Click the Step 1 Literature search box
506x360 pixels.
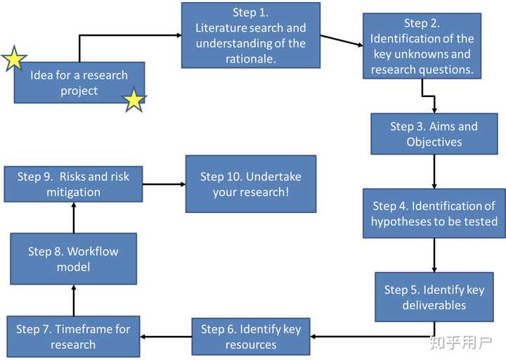coord(251,35)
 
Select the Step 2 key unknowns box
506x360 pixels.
coord(422,46)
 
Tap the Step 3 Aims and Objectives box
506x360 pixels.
coord(434,134)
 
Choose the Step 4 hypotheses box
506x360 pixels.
coord(434,213)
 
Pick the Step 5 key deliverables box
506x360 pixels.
coord(434,297)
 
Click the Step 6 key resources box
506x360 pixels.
coord(251,336)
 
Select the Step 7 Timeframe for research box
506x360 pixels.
coord(73,336)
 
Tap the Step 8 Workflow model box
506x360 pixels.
coord(73,259)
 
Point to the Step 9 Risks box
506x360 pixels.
coord(73,184)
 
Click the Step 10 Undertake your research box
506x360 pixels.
coord(251,184)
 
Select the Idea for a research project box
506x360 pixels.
coord(79,83)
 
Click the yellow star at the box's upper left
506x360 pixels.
coord(14,60)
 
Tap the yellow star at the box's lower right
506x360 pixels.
coord(134,101)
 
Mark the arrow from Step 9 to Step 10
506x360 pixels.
coord(164,184)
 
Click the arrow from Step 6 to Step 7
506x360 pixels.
coord(166,336)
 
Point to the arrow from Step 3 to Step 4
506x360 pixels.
coord(434,171)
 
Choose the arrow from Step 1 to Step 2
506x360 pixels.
coord(342,41)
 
